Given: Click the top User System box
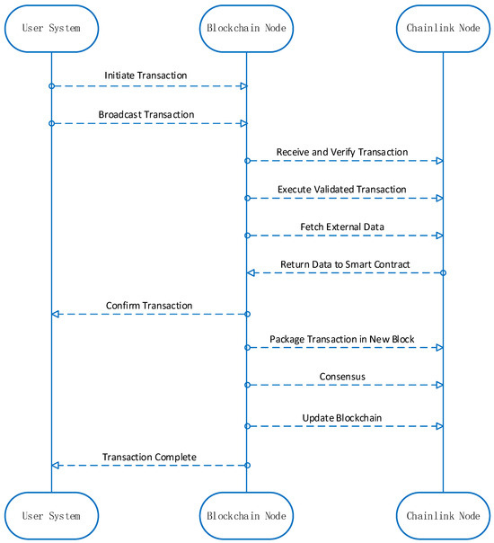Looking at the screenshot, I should click(x=51, y=28).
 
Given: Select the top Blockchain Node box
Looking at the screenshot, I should click(x=247, y=28).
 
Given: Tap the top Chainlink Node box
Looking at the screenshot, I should click(x=443, y=28).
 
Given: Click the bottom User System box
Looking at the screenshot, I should click(x=51, y=516).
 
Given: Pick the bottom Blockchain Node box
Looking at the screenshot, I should click(x=247, y=516).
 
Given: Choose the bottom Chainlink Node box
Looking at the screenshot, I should click(x=443, y=516).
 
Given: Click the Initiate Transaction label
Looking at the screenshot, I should click(x=146, y=76).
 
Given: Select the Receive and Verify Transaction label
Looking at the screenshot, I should click(x=341, y=152).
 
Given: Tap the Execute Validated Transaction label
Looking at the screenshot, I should click(x=341, y=190).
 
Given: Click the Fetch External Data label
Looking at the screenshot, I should click(x=343, y=227).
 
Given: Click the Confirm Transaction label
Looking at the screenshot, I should click(x=149, y=306).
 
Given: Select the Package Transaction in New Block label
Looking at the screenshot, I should click(x=341, y=339).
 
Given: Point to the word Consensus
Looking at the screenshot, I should click(x=342, y=376).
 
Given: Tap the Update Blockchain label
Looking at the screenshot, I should click(x=343, y=418).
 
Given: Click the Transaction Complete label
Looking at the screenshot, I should click(x=149, y=457).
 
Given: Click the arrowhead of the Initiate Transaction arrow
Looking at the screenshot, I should click(x=242, y=85).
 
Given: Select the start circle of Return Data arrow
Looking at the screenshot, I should click(x=443, y=272).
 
